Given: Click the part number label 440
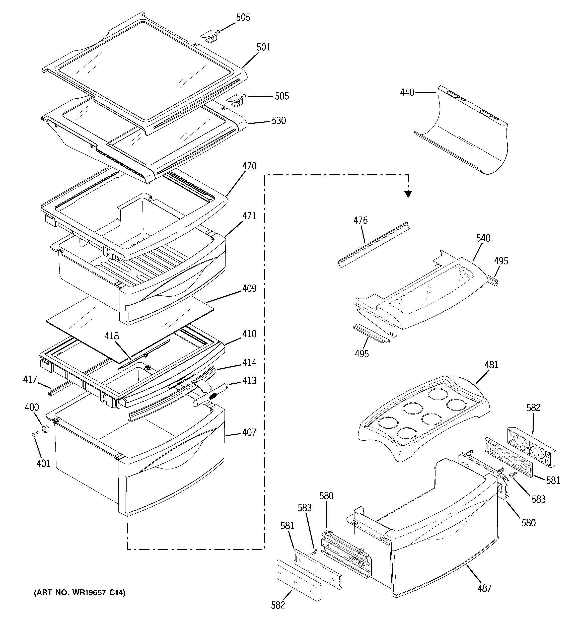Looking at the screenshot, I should point(407,93).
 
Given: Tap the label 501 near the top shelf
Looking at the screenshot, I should point(263,47).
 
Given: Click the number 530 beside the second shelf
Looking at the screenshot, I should point(279,121).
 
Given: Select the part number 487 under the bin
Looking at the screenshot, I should point(484,588).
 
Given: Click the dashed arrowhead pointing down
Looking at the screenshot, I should point(408,194).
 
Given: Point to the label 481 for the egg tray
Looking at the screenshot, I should point(491,365).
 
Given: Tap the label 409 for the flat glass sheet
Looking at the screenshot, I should point(249,288).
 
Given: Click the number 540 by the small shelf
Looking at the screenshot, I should point(483,238).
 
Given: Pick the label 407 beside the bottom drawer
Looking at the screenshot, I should point(249,432).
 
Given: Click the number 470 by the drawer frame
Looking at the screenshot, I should point(249,166).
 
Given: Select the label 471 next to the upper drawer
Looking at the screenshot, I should point(249,216).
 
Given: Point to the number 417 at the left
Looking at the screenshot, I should point(30,379).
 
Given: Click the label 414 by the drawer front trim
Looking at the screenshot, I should point(249,362).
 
